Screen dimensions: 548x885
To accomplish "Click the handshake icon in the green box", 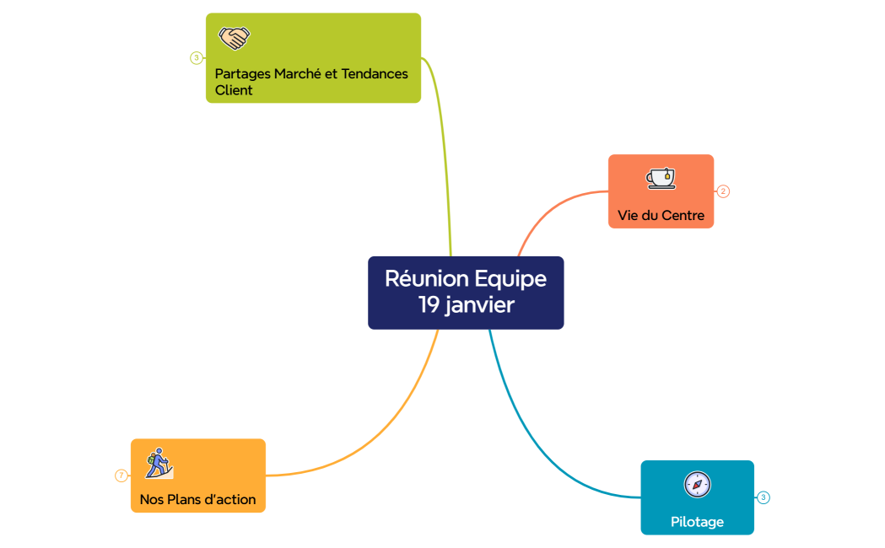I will [235, 38].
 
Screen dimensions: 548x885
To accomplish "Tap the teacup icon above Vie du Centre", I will [661, 178].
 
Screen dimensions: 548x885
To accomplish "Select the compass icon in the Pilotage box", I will [697, 484].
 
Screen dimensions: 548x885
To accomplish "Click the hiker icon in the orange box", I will [158, 463].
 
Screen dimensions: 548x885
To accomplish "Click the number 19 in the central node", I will [429, 304].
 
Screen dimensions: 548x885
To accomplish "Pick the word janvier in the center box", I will [480, 305].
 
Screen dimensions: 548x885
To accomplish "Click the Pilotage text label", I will [697, 522].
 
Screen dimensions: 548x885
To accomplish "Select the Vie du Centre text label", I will [661, 215].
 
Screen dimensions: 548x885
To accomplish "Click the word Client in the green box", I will [234, 90].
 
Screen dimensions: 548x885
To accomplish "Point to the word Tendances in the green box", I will [375, 73].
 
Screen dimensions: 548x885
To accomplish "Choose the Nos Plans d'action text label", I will [197, 499].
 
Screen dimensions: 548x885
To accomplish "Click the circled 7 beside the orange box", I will [121, 475].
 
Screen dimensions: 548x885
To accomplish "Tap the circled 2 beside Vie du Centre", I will [723, 191].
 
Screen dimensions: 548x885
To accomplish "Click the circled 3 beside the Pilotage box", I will [764, 497].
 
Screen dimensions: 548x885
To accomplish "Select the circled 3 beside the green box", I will [196, 58].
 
